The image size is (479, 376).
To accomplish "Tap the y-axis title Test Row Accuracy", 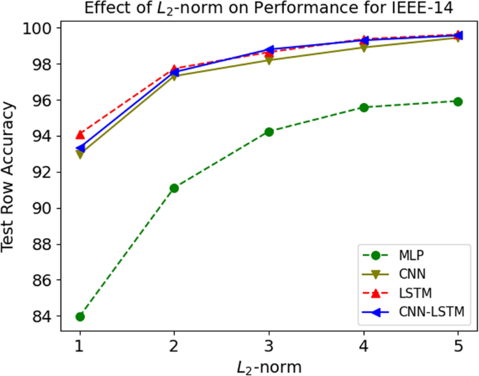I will [10, 176].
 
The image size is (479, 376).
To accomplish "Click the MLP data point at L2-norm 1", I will [80, 316].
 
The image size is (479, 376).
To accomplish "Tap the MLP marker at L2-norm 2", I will [174, 188].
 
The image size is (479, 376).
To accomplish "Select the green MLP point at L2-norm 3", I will [269, 132].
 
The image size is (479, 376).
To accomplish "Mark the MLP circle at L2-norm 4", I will [364, 107].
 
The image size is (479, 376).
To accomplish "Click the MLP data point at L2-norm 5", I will [458, 102].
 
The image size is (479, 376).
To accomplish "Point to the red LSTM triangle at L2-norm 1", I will [80, 134].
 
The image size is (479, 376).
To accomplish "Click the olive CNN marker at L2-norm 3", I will [269, 60].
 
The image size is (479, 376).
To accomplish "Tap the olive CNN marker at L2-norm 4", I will [364, 48].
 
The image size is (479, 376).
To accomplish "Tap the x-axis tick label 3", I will [269, 345].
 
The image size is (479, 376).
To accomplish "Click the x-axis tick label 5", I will [458, 345].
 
